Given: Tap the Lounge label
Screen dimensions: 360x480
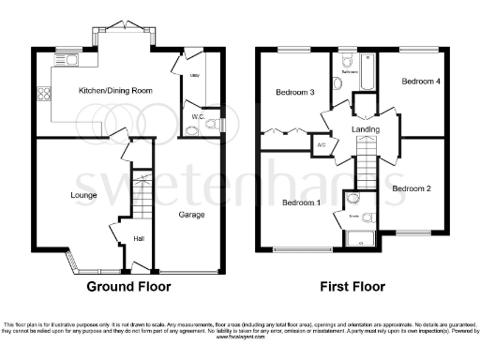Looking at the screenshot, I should tap(57, 195).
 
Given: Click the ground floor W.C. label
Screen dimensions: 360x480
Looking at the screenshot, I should tap(197, 116).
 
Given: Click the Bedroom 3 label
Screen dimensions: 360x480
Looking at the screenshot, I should tap(294, 92).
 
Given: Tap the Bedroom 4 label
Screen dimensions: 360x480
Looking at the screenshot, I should tap(420, 82).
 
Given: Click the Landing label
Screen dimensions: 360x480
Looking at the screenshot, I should tap(365, 128).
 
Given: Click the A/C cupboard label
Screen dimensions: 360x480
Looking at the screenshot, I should tap(321, 145).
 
